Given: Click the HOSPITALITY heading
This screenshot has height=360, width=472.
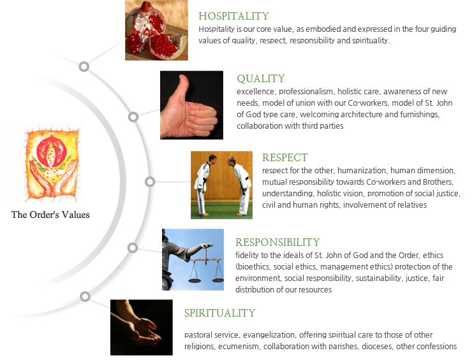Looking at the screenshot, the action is point(233,16).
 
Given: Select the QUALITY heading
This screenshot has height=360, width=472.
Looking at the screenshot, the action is point(261,78).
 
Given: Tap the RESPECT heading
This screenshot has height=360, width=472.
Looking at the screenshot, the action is point(284,157).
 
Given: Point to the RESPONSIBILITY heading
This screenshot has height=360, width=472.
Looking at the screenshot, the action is point(277,242).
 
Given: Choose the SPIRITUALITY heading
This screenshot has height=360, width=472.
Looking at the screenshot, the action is point(220,313).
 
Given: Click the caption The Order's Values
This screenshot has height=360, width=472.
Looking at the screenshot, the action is point(50,215).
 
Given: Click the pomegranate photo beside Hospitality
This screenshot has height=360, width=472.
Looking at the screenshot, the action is point(156,30).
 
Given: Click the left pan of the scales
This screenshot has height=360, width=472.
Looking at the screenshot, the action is point(195,280).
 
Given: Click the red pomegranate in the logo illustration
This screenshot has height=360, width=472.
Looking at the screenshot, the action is point(52,151).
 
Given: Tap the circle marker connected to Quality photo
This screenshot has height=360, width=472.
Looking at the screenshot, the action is point(133,117).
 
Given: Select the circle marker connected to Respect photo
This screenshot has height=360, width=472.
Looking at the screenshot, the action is point(150,182).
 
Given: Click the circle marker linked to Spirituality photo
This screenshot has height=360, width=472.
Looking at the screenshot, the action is point(85,296).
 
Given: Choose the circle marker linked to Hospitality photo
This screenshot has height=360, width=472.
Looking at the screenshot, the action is point(84,66).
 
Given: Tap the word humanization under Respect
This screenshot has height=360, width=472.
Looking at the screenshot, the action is point(361,171).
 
